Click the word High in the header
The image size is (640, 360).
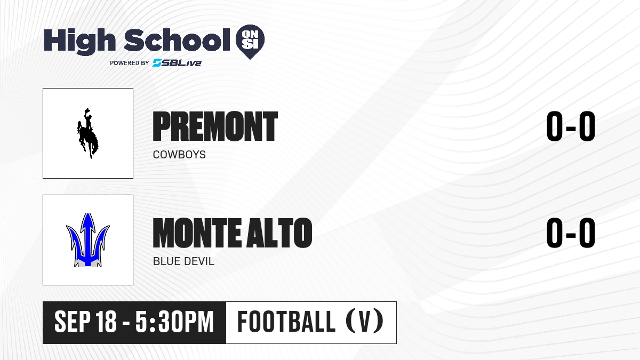[79, 41]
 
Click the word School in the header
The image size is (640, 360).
[177, 40]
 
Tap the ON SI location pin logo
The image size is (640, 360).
[250, 42]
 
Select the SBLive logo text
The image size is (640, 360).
[177, 62]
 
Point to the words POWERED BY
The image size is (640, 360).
[130, 63]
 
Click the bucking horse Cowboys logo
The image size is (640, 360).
[87, 133]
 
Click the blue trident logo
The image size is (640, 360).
[87, 240]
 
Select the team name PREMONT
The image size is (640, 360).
[215, 126]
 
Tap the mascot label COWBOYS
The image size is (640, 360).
[179, 155]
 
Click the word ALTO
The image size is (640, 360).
[279, 233]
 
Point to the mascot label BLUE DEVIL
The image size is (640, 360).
[183, 261]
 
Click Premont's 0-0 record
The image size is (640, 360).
[571, 126]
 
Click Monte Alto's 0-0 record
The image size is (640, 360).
[571, 233]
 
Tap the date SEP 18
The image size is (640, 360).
[85, 322]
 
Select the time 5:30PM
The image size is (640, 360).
[174, 322]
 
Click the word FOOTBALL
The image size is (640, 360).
[286, 322]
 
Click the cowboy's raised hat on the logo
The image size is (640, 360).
[87, 110]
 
